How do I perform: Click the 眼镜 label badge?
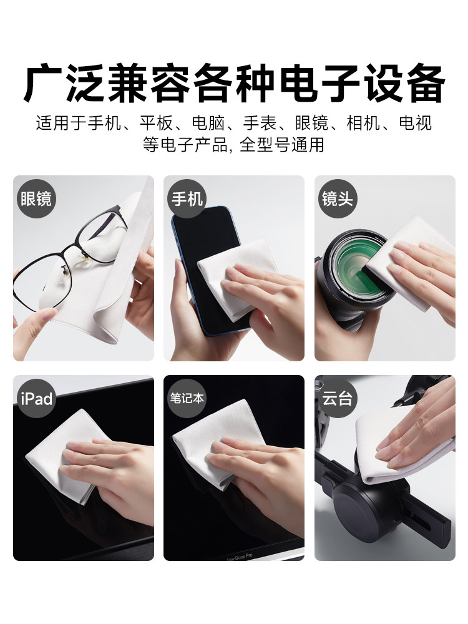[x=36, y=198]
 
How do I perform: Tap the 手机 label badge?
[x=187, y=198]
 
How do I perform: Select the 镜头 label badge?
[x=338, y=198]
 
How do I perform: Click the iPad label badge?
[x=36, y=398]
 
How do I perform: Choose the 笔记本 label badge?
[x=187, y=398]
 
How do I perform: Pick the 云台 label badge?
[x=338, y=398]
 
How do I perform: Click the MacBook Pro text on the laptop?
[x=240, y=557]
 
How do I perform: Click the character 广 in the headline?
[x=42, y=84]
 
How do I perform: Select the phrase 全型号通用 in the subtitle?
[x=282, y=145]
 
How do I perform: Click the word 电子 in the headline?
[x=319, y=84]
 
